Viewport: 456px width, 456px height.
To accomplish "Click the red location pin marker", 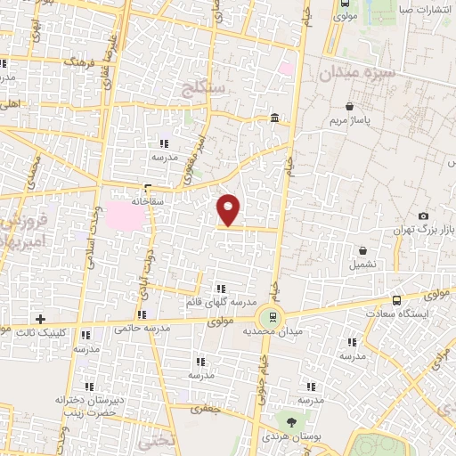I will click(229, 210).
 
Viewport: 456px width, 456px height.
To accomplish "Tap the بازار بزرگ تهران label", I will click(425, 231).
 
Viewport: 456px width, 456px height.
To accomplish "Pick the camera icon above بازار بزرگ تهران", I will click(423, 216).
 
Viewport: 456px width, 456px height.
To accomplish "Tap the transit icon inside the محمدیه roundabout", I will click(268, 316).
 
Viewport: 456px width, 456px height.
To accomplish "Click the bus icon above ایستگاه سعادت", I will click(395, 300).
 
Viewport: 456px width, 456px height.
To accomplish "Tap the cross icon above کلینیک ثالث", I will click(40, 318).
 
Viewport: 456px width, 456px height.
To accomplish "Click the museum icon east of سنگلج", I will click(274, 118).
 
